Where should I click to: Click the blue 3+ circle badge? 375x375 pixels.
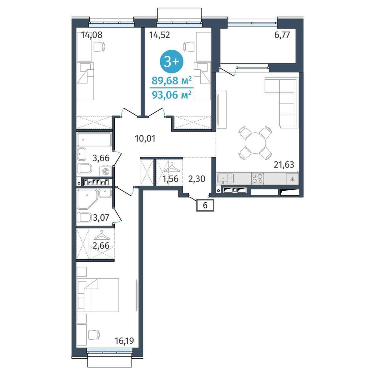(x=172, y=62)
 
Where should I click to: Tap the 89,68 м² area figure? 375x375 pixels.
(x=172, y=81)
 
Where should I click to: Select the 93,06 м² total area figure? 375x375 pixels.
(x=172, y=95)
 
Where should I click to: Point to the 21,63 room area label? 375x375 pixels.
(x=284, y=165)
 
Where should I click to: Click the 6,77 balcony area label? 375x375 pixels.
(x=282, y=35)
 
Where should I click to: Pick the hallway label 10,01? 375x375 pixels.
(x=145, y=138)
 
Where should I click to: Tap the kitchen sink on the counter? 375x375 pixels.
(x=226, y=178)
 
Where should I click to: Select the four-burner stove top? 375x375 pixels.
(x=257, y=178)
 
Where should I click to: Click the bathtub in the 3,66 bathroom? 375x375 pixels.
(x=94, y=139)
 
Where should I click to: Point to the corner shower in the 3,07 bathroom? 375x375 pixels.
(x=87, y=199)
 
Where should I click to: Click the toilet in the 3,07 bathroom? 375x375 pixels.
(x=84, y=217)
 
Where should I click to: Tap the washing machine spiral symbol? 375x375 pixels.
(x=106, y=172)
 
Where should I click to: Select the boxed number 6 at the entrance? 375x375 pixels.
(x=205, y=205)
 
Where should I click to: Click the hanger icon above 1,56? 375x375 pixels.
(x=172, y=167)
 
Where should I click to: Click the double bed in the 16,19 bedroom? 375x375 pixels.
(x=98, y=295)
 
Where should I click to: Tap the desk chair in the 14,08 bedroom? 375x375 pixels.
(x=99, y=47)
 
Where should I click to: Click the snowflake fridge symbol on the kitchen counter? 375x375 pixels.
(x=292, y=179)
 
